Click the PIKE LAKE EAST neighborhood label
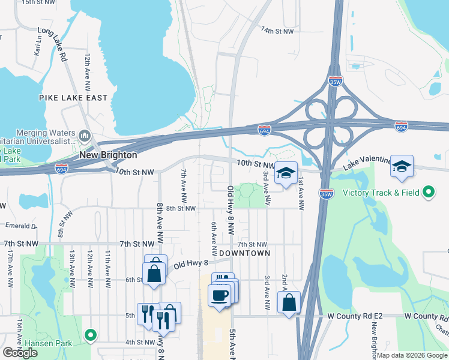click(73, 98)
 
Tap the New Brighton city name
click(109, 155)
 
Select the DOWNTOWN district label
click(244, 253)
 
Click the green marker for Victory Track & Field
click(428, 193)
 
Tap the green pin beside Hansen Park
click(90, 335)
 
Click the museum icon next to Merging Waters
click(84, 133)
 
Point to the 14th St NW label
click(277, 31)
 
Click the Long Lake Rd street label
click(52, 44)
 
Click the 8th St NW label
click(181, 208)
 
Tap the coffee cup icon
click(219, 295)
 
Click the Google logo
click(20, 352)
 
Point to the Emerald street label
click(21, 226)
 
